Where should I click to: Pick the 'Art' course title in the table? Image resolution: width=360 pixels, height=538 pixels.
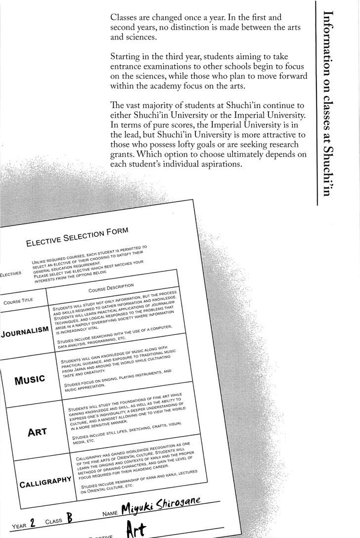coord(38,431)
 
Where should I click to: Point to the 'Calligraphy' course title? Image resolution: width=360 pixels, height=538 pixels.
coord(45,483)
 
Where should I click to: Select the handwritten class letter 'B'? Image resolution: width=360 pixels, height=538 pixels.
coord(69,519)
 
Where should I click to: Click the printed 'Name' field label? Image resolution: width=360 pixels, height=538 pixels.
coord(109,514)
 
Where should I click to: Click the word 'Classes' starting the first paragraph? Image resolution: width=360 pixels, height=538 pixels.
coord(126,16)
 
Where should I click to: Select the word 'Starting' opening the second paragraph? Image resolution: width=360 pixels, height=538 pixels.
coord(126,57)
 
